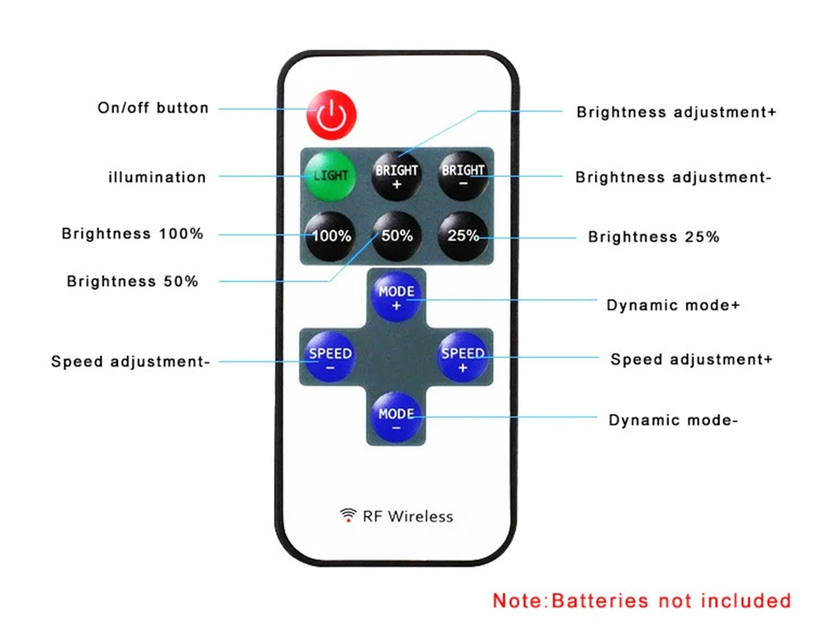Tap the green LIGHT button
[330, 175]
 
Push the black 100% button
[330, 236]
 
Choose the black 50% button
[397, 236]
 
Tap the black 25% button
[463, 236]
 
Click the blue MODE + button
[397, 298]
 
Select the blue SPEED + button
[463, 359]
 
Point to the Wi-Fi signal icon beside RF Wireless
[348, 515]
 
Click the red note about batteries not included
[641, 601]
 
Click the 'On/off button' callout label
[153, 107]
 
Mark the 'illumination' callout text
[157, 177]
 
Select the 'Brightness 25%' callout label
[654, 237]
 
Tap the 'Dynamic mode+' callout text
[673, 305]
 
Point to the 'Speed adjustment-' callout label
[130, 361]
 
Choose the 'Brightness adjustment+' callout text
[676, 111]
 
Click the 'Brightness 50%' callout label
[133, 282]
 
